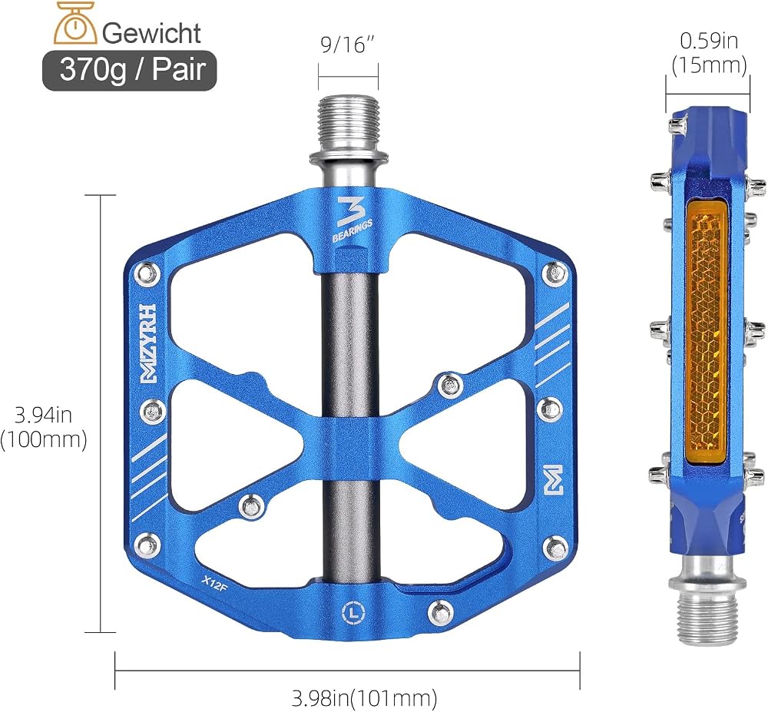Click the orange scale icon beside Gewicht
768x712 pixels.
coord(74,24)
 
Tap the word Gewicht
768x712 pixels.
coord(152,33)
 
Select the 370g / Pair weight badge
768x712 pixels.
coord(129,70)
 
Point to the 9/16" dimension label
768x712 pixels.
coord(347,45)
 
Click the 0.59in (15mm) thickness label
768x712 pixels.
coord(709,53)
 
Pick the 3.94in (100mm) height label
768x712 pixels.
coord(44,427)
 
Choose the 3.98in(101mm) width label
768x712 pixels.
coord(364,697)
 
